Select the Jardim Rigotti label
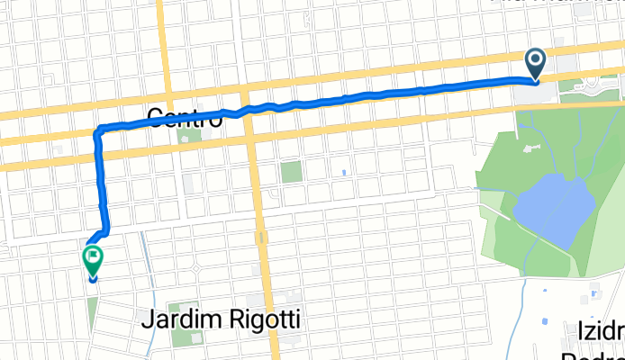[x=222, y=319]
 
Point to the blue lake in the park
[x=553, y=209]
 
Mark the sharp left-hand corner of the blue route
[x=97, y=132]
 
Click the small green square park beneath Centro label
[x=190, y=136]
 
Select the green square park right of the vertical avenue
[x=291, y=172]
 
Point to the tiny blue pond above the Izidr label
[x=545, y=321]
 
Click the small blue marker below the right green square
[x=344, y=172]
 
